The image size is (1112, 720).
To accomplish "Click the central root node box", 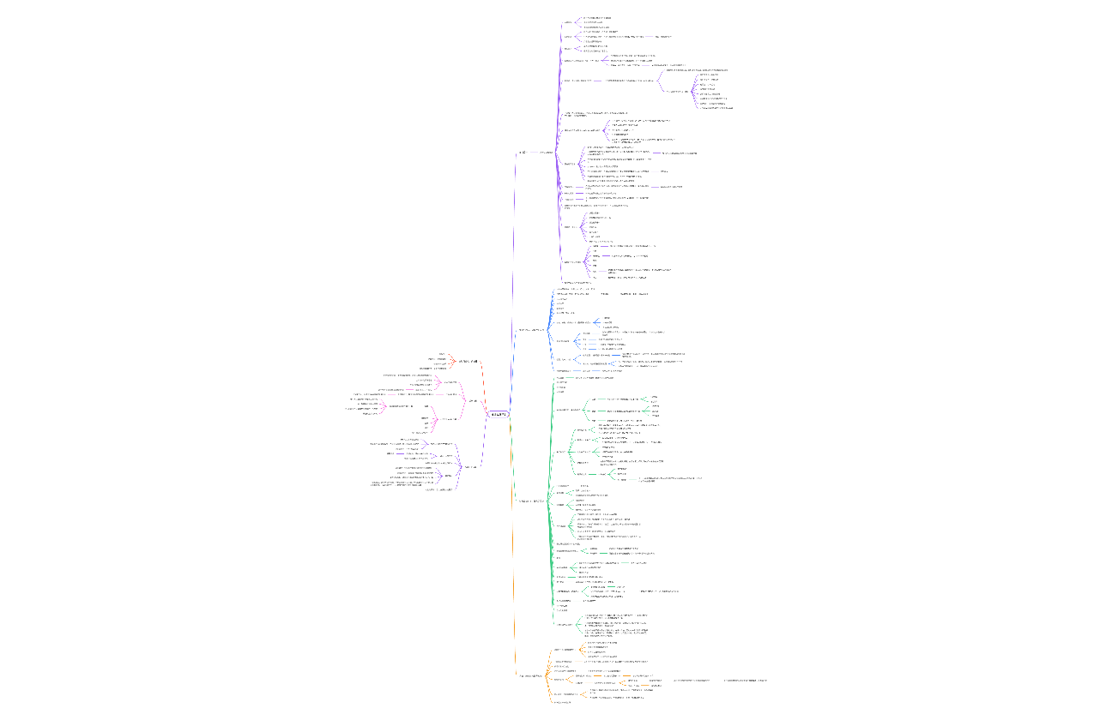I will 499,415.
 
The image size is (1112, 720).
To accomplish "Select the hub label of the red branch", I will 468,362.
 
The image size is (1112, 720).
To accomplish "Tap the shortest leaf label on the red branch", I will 442,353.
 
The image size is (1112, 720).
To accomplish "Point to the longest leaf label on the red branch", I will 437,359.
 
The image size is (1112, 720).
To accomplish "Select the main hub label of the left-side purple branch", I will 469,467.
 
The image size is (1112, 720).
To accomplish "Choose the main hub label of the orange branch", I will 531,675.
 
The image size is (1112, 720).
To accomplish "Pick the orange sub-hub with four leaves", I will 563,650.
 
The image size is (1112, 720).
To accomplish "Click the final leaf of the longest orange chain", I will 745,680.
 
